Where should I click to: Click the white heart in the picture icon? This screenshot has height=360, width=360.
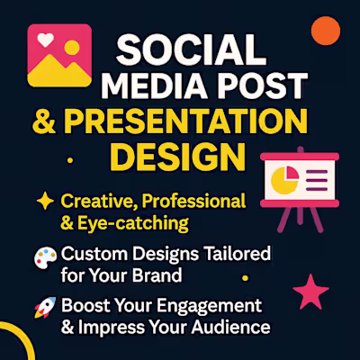(44, 41)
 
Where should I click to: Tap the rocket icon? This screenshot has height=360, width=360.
(41, 309)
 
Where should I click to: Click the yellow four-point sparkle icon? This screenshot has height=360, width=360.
(43, 200)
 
